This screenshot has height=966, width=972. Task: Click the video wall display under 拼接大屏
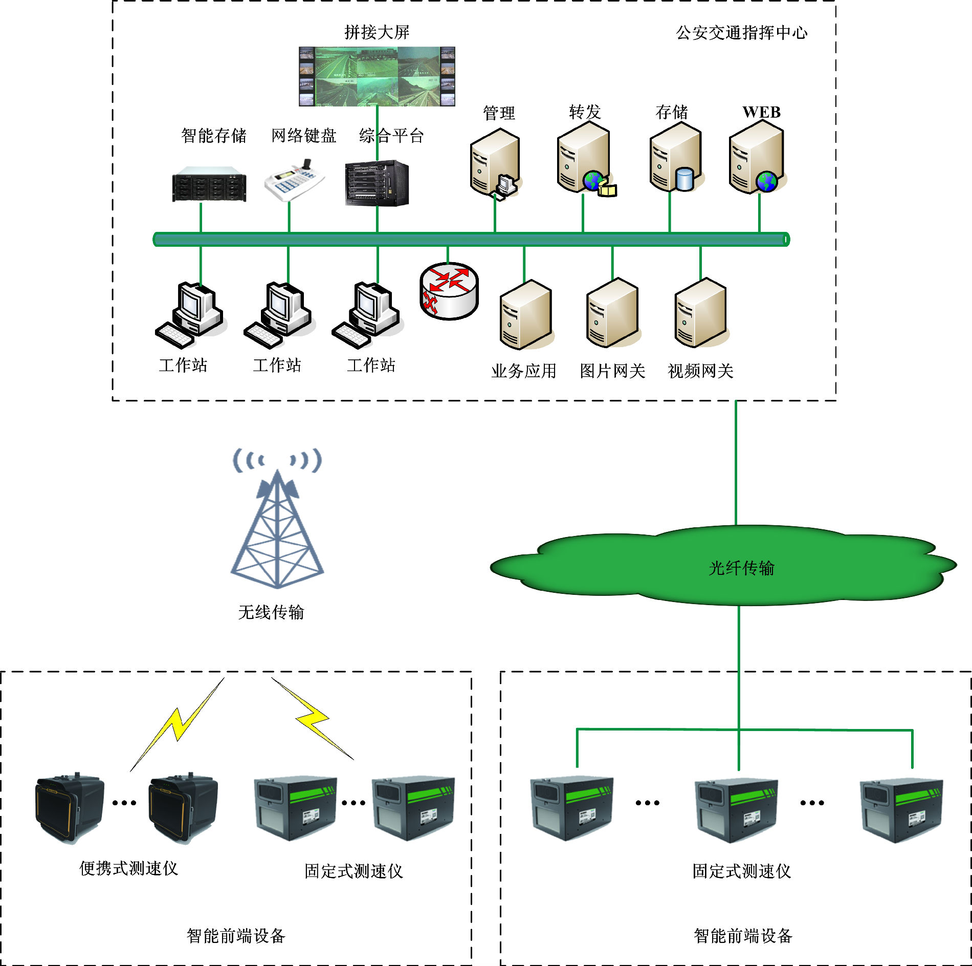[377, 76]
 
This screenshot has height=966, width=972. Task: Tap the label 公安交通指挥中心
[741, 33]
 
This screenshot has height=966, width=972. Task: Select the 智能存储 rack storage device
[209, 184]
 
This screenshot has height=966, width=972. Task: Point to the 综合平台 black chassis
[377, 183]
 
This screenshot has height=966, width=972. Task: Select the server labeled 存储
[675, 158]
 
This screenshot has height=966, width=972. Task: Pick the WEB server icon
[757, 158]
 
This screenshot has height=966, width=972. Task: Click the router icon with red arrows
[449, 291]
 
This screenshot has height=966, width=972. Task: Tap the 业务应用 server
[525, 315]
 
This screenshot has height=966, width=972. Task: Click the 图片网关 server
[612, 313]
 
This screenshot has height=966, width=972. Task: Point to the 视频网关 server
[700, 313]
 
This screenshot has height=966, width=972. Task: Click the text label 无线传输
[271, 612]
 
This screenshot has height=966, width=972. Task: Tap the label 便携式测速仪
[128, 868]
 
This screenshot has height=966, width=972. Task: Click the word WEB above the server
[761, 112]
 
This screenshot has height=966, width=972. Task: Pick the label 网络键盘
[303, 136]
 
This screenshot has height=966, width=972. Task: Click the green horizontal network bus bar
[471, 239]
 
